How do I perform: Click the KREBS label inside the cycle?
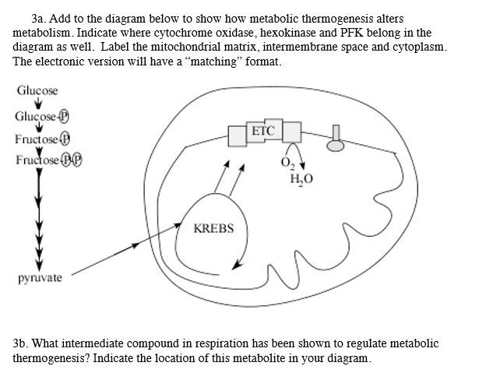(x=213, y=230)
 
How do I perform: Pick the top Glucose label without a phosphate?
(x=37, y=91)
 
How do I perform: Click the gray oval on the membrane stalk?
(x=336, y=145)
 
